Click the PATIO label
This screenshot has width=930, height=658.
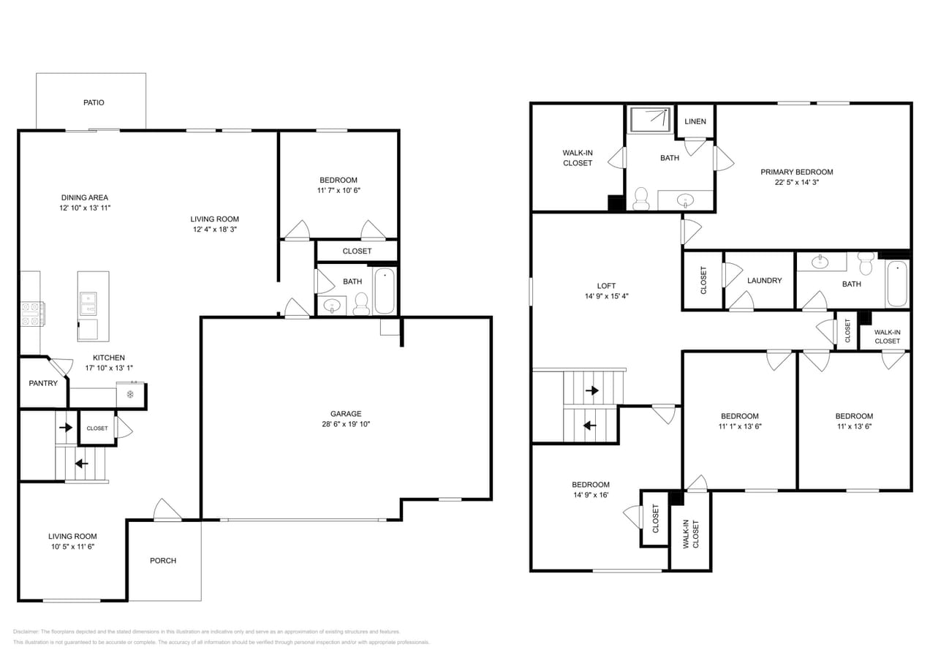click(x=94, y=102)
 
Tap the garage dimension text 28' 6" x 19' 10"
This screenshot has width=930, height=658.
click(x=345, y=424)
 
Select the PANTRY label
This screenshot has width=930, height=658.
click(x=43, y=383)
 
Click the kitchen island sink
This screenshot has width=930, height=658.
click(x=88, y=298)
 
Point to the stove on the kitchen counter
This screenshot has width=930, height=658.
click(x=32, y=314)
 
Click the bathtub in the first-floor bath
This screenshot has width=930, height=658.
click(x=385, y=291)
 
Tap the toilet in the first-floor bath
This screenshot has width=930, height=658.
click(x=361, y=304)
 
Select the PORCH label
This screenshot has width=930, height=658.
click(x=163, y=561)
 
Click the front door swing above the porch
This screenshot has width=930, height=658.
click(x=167, y=510)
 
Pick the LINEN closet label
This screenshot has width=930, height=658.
click(x=695, y=121)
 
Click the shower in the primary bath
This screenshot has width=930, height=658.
click(x=650, y=119)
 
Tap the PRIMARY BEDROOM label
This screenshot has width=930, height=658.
click(x=797, y=173)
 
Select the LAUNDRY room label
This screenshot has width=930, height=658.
click(x=765, y=281)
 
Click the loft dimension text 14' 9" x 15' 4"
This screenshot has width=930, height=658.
click(x=606, y=297)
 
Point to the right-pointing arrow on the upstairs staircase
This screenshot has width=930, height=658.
click(x=591, y=391)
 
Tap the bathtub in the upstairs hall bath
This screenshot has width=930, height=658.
click(x=897, y=284)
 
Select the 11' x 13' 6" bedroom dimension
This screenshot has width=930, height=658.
click(x=854, y=426)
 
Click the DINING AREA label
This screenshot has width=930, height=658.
click(x=85, y=197)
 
